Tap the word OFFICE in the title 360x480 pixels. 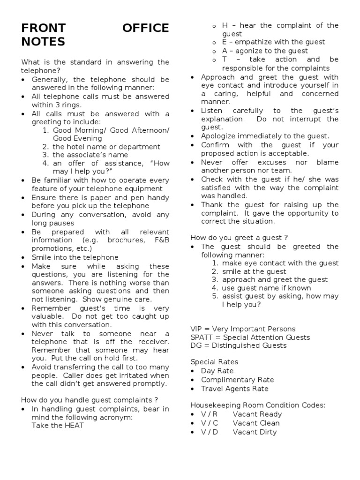(146, 29)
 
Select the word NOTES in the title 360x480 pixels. (43, 42)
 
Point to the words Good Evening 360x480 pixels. (77, 138)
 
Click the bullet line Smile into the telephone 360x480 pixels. (75, 257)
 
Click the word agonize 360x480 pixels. (253, 51)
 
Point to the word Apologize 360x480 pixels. (219, 136)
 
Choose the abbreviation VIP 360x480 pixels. (197, 329)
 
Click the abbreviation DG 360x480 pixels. (196, 345)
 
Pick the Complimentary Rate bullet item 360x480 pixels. (237, 380)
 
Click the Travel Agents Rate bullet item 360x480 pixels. (235, 389)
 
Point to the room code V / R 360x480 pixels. (209, 414)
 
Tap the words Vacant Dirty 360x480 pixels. (255, 432)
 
